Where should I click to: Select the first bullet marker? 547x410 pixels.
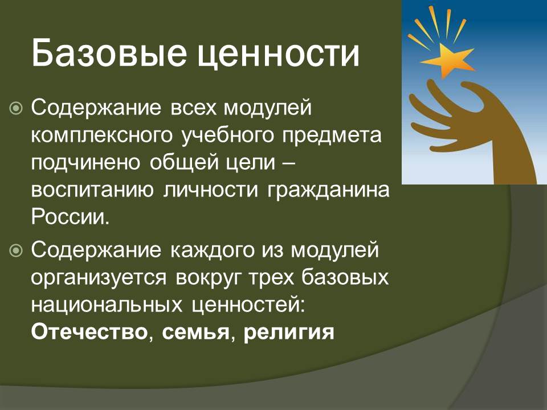[16, 108]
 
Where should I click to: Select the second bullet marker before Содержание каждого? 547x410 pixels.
[16, 251]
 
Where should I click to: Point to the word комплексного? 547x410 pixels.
[102, 136]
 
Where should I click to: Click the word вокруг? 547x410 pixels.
[209, 278]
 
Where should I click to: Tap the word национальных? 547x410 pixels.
[107, 306]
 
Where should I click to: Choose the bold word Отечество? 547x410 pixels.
[89, 332]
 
